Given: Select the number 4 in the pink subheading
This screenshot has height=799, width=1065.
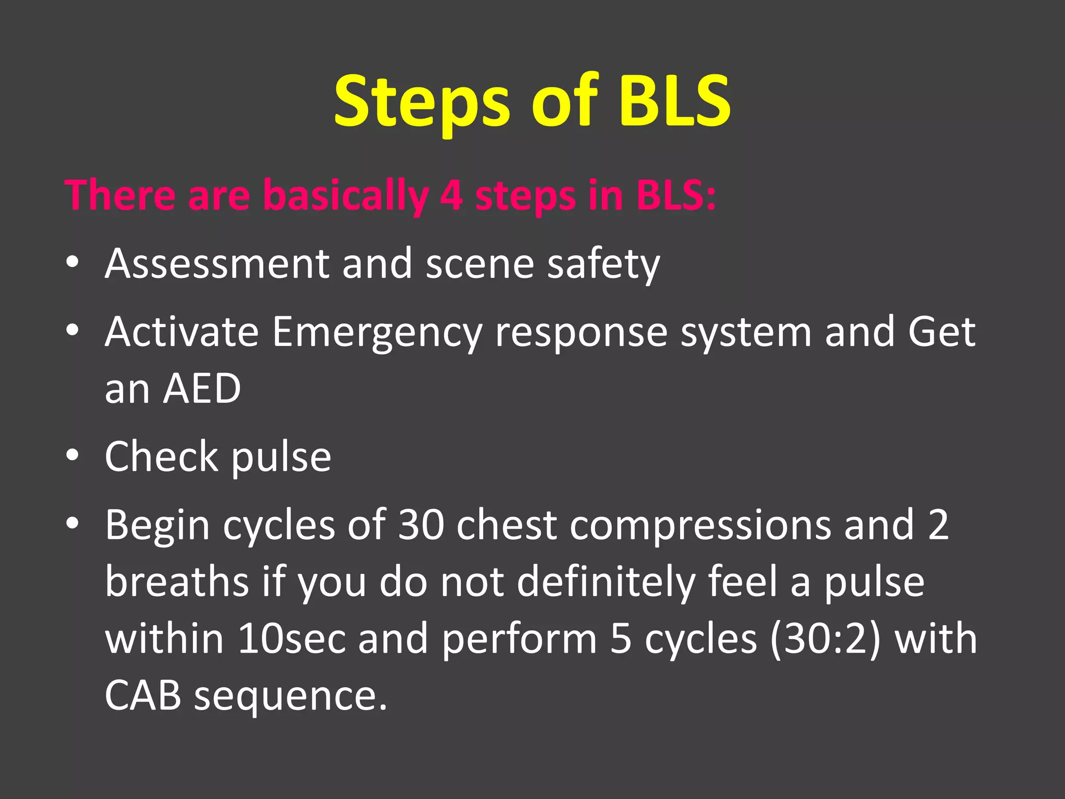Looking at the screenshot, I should point(451,195).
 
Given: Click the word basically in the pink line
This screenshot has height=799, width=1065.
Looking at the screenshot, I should point(345,195).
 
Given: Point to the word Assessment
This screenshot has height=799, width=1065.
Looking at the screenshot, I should point(217,264).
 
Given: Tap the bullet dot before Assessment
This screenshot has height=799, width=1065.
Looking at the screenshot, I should point(72,262).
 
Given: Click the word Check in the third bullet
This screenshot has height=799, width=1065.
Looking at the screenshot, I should point(161,456).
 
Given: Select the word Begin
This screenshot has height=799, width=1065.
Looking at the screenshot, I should point(158,525).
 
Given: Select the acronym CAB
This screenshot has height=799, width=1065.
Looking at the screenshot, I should point(142,695).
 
